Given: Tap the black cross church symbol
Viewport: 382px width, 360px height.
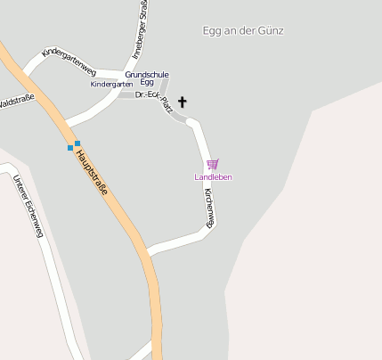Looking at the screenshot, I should (x=183, y=102).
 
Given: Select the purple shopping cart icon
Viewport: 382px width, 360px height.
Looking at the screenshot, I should (x=212, y=164).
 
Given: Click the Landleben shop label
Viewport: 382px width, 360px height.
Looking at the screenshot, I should (x=213, y=177).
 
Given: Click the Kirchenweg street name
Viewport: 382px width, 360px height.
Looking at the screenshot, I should (x=208, y=209).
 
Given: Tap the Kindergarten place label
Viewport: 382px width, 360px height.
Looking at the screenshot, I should (x=111, y=84).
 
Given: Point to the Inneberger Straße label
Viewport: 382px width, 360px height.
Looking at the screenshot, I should (x=140, y=31).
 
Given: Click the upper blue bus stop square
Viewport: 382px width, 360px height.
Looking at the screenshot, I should (x=77, y=143).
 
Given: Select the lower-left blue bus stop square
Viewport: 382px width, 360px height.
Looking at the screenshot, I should (x=70, y=148).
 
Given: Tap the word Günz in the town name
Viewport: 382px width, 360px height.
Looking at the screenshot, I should (x=272, y=30).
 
